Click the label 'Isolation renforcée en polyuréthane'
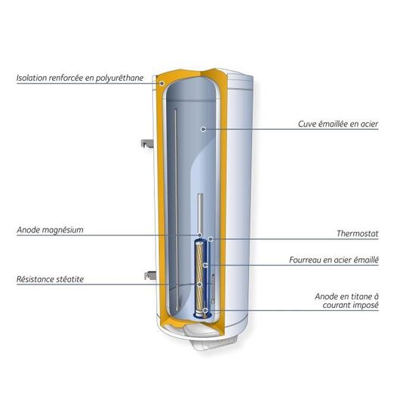[x=80, y=78]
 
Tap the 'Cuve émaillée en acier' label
[x=338, y=124]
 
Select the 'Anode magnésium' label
[x=50, y=230]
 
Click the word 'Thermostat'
[x=358, y=233]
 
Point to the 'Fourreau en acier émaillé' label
[x=334, y=260]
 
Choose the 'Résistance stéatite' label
[x=51, y=279]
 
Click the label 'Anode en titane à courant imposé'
[x=347, y=300]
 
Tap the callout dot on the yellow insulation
[x=162, y=84]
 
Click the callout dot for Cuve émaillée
[x=203, y=129]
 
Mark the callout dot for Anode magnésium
[x=200, y=235]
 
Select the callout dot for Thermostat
[x=211, y=239]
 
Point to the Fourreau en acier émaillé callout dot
[x=205, y=265]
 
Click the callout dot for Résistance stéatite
[x=199, y=284]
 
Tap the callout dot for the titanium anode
[x=205, y=310]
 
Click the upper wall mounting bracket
[x=147, y=143]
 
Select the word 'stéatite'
[x=70, y=279]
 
